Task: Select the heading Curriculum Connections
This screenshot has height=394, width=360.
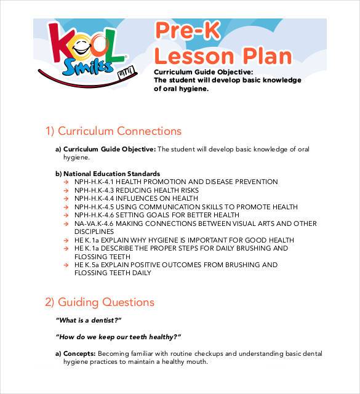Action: click(x=113, y=131)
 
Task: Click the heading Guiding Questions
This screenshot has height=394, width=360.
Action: click(x=100, y=302)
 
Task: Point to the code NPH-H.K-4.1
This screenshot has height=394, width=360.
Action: click(x=94, y=182)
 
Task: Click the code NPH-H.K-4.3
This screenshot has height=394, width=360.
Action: click(x=94, y=191)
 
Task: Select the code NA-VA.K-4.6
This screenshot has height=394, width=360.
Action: click(x=93, y=223)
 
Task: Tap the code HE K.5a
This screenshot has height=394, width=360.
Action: click(x=87, y=265)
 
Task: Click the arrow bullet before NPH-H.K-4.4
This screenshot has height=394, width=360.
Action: click(x=66, y=199)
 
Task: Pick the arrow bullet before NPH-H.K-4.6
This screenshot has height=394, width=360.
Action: click(x=66, y=215)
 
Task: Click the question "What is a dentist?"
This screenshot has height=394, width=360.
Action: click(x=89, y=320)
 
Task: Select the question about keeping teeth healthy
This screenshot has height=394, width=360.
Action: click(x=118, y=337)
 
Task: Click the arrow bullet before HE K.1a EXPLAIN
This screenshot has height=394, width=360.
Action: click(x=66, y=240)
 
